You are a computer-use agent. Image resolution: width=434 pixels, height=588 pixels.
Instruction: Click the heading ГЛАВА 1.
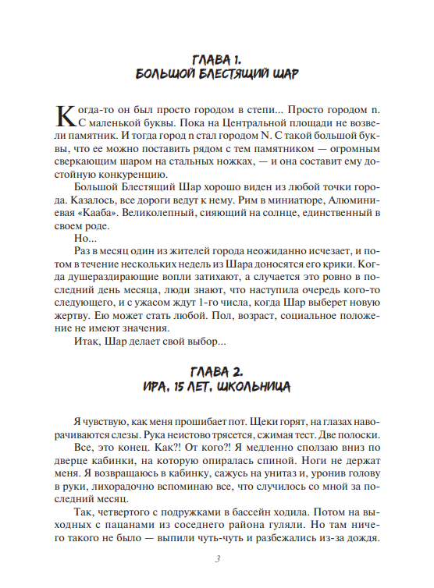tap(218, 60)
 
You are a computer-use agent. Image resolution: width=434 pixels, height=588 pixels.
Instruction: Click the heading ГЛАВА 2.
tap(218, 370)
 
